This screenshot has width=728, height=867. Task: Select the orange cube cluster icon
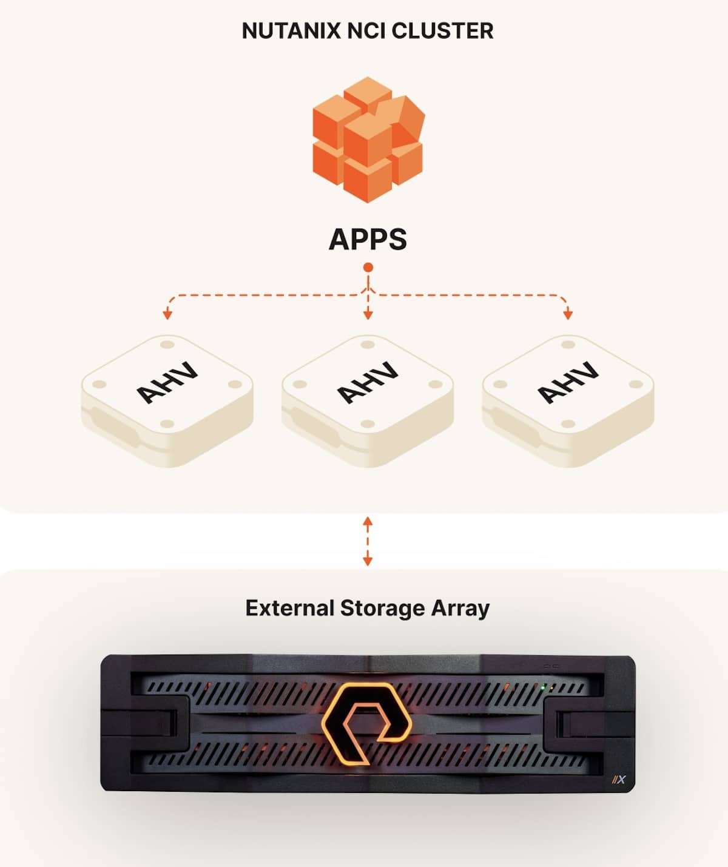[x=368, y=140]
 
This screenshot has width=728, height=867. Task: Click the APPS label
[x=368, y=239]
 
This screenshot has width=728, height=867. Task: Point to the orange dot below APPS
[x=368, y=268]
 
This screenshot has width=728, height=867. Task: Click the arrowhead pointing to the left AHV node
[x=167, y=314]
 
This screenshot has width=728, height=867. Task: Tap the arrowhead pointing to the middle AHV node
[x=368, y=314]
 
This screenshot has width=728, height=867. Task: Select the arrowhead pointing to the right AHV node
[x=568, y=314]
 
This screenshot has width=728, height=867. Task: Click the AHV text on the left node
[x=166, y=383]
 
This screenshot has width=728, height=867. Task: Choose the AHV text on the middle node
[x=368, y=383]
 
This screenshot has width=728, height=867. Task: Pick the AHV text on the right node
[x=568, y=383]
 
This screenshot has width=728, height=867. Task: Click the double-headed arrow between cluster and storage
[x=368, y=541]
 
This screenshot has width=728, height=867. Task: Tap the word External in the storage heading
[x=289, y=608]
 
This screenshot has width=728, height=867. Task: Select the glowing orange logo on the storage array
[x=367, y=722]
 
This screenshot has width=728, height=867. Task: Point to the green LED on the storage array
[x=544, y=687]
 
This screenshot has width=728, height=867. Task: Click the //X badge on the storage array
[x=618, y=780]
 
